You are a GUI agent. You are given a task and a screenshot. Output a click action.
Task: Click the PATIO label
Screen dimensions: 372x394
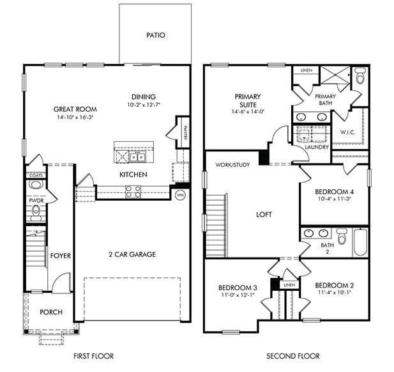coord(155,35)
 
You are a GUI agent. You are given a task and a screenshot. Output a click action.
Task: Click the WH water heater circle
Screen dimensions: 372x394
coord(180,195)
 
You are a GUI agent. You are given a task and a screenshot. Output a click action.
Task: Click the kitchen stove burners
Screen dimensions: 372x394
coord(133,189)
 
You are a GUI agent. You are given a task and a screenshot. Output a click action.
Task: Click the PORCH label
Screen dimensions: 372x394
coord(51,312)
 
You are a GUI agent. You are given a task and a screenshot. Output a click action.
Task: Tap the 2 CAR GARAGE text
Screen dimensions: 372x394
coord(132,254)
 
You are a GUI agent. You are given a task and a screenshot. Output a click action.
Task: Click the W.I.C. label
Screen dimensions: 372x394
coord(347,133)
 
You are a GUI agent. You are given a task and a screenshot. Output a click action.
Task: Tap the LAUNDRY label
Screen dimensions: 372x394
coord(317,147)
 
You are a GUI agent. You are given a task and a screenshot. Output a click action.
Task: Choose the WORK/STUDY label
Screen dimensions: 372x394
coord(232,164)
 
